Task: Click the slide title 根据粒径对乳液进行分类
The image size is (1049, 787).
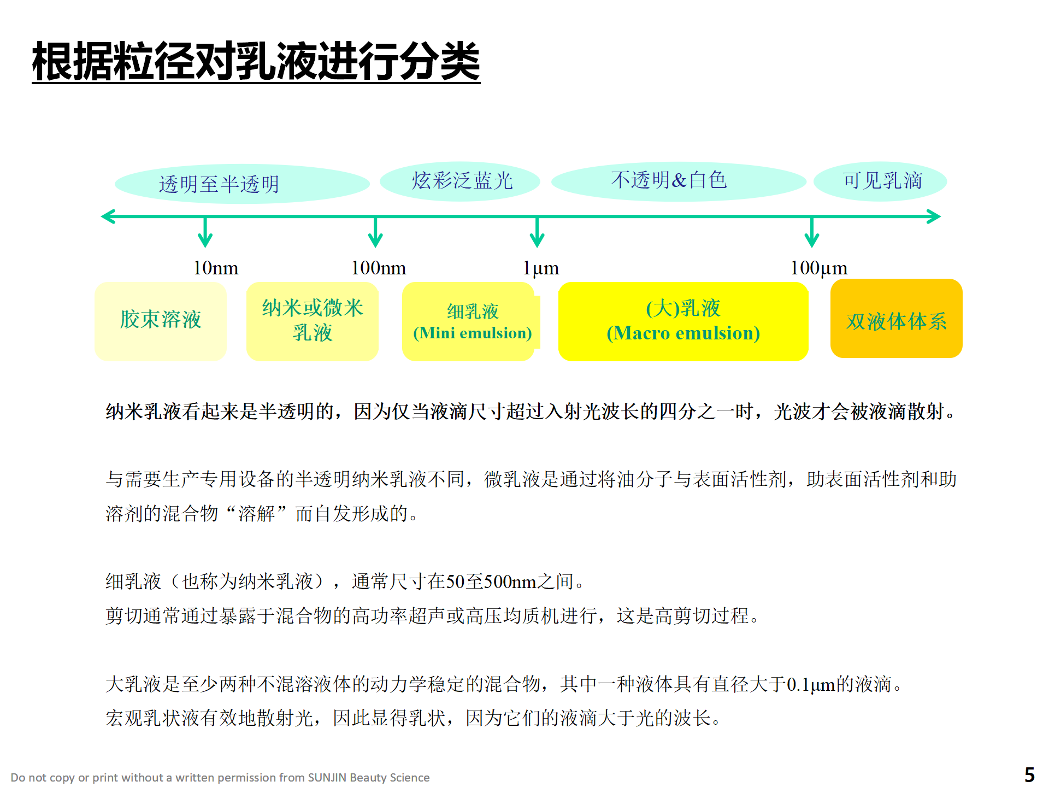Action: click(256, 61)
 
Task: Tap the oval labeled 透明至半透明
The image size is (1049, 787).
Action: click(242, 184)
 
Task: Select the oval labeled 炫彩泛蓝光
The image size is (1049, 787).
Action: click(460, 181)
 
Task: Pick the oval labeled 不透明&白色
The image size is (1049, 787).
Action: click(679, 181)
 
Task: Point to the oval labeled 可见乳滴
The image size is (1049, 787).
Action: click(880, 181)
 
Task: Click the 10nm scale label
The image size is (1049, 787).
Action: click(216, 268)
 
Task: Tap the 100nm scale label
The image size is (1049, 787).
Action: click(379, 268)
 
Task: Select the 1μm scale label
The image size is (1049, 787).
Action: click(541, 268)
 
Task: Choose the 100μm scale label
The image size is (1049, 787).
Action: click(819, 268)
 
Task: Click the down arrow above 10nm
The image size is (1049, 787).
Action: click(205, 232)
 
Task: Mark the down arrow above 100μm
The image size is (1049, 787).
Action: click(812, 232)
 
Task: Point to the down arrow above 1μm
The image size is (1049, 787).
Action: click(537, 232)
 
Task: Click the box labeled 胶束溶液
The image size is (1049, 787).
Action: click(161, 321)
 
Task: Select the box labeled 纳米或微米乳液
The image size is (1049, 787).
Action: click(313, 321)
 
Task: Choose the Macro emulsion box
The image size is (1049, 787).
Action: click(683, 321)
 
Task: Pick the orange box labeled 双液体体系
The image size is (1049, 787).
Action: click(897, 319)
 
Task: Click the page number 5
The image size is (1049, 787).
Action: click(1029, 775)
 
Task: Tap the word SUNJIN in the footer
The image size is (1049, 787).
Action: click(327, 778)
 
